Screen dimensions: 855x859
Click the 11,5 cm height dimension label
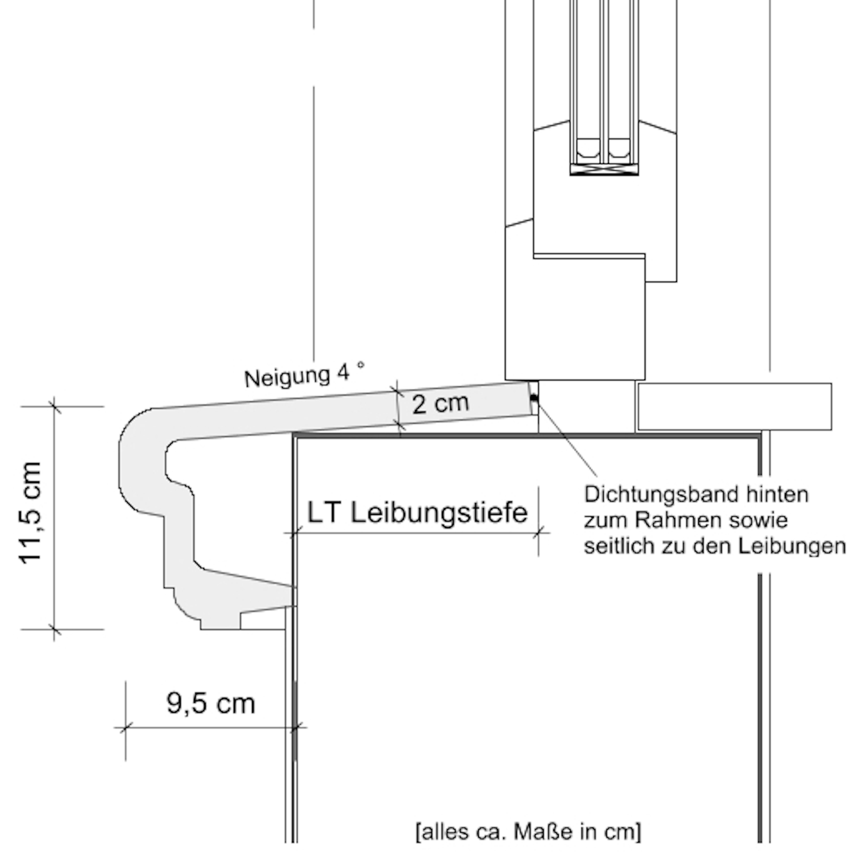point(31,513)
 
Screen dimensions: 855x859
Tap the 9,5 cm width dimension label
point(211,703)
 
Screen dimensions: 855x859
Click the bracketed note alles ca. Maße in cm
point(528,831)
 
